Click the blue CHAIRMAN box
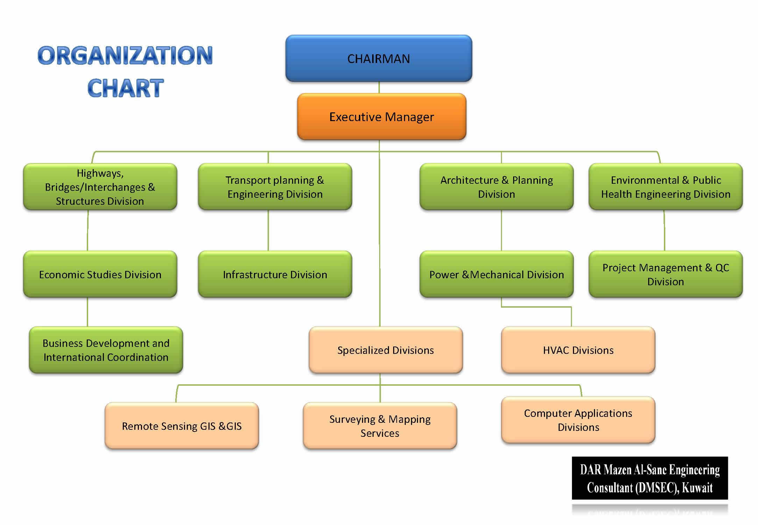tap(379, 58)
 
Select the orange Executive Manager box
tap(382, 117)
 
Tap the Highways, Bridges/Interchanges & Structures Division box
tap(100, 187)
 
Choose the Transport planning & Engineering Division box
tap(275, 187)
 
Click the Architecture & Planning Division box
tap(496, 187)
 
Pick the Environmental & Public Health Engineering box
tap(666, 187)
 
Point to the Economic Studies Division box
tap(100, 274)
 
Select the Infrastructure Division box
tap(275, 274)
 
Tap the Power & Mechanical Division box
tap(496, 274)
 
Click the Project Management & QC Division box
tap(666, 274)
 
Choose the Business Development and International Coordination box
tap(106, 350)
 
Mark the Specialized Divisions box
tap(386, 350)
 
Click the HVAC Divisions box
tap(578, 350)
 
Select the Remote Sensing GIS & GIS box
tap(182, 426)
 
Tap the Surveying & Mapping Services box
tap(380, 426)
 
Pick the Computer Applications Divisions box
tap(578, 420)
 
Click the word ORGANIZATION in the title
tap(125, 55)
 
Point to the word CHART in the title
tap(125, 88)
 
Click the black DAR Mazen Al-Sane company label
tap(650, 478)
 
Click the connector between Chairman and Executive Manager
tap(379, 87)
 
